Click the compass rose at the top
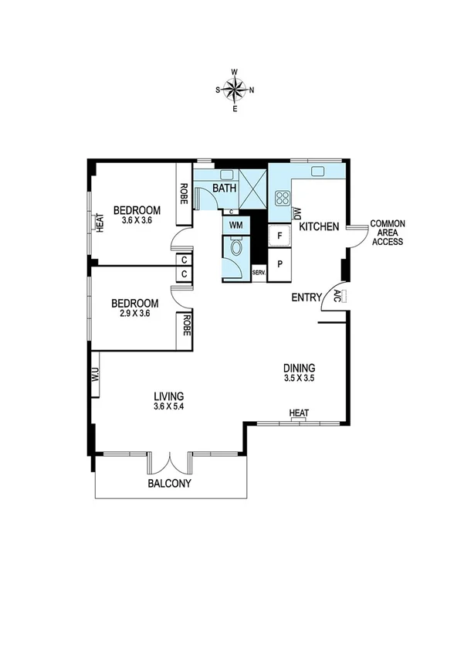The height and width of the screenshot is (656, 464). (235, 89)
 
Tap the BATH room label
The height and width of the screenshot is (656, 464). (225, 189)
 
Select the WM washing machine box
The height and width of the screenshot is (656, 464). (236, 225)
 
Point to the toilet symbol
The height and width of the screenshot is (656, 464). (237, 249)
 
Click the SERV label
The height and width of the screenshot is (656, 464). (259, 273)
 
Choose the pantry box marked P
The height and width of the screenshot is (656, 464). (279, 263)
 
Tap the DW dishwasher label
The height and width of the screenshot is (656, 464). (296, 213)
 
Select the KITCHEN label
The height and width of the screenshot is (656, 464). (320, 227)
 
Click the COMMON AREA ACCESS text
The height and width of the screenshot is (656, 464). (388, 233)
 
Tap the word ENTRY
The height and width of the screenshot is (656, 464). (307, 297)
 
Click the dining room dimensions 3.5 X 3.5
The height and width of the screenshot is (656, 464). (299, 379)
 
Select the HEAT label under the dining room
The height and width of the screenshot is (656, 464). (299, 413)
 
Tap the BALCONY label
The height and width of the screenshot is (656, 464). (170, 484)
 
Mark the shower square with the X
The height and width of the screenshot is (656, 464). (253, 189)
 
